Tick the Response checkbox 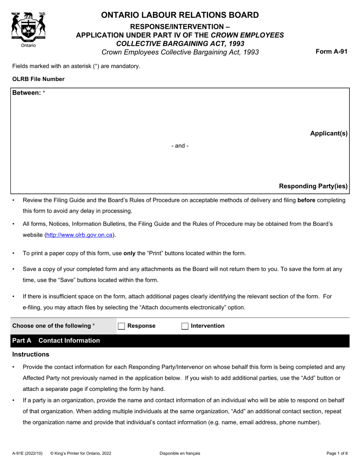[x=121, y=326]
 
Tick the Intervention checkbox [x=185, y=326]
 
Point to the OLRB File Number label [x=38, y=79]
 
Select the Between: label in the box [x=27, y=93]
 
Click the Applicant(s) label [x=329, y=133]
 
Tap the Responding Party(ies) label [x=313, y=186]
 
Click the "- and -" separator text [x=180, y=146]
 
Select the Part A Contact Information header [x=56, y=341]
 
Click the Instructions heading [x=31, y=355]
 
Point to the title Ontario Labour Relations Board [x=180, y=15]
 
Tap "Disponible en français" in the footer [x=180, y=453]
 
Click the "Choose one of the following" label [x=53, y=326]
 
